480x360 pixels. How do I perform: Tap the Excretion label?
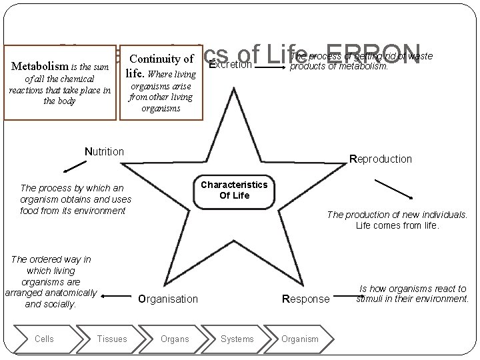(x=231, y=65)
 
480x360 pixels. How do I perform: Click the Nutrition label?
(x=104, y=151)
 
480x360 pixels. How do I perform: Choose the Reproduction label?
(x=381, y=159)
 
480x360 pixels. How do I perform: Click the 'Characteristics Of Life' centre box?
(x=233, y=189)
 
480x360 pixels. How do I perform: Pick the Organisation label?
(x=168, y=299)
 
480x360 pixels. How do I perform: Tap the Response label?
(x=306, y=299)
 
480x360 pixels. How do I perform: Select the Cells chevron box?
(x=45, y=339)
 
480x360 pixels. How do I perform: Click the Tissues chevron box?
(x=111, y=339)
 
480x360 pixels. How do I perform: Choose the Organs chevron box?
(x=175, y=339)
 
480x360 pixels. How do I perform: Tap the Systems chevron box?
(x=237, y=339)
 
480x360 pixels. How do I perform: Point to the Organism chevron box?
(x=299, y=339)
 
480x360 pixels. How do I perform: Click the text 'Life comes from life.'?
(x=397, y=226)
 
